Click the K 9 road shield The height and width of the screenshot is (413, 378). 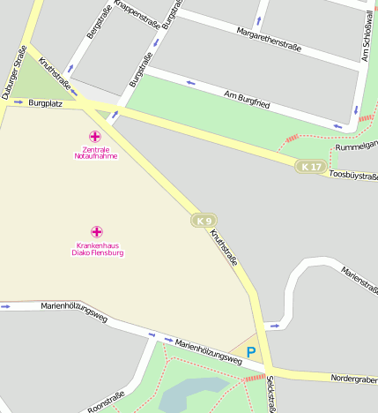(204, 220)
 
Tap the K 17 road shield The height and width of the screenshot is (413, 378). (310, 166)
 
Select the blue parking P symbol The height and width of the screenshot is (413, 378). (251, 352)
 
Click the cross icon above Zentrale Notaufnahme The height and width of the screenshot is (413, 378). (95, 137)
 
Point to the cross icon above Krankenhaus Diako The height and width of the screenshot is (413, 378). (97, 231)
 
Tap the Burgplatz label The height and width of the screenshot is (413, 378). (46, 103)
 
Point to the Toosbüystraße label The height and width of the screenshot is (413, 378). (352, 175)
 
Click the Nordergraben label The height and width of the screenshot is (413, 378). (354, 379)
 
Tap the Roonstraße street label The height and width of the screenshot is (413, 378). (107, 401)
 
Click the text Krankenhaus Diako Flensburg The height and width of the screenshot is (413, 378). (97, 249)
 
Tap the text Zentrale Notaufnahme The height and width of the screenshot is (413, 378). (95, 153)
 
